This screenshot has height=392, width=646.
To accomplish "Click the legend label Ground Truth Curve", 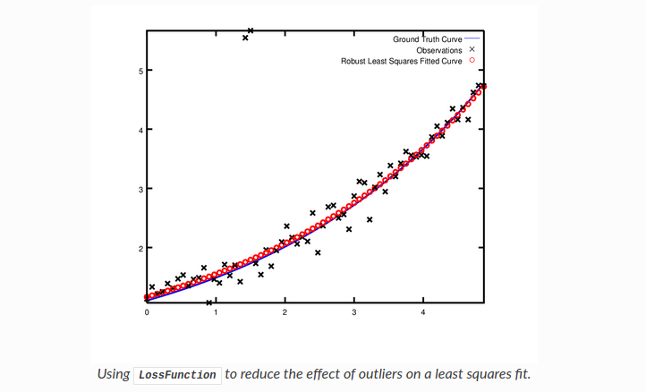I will click(x=428, y=39).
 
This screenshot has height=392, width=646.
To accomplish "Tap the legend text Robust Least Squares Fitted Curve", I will click(x=402, y=62).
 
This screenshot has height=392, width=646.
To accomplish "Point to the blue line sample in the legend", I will click(x=472, y=39).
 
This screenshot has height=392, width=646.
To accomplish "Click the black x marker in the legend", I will click(x=472, y=51).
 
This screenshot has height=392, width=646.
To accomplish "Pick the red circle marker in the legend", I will click(x=472, y=62).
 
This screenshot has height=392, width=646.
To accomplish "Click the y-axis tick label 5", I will click(x=140, y=71).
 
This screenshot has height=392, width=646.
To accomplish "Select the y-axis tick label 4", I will click(x=140, y=130).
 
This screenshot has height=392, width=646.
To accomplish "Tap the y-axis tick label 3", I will click(x=140, y=189).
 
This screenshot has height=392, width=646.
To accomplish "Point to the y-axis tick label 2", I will click(x=140, y=248).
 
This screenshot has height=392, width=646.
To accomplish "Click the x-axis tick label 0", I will click(x=147, y=312).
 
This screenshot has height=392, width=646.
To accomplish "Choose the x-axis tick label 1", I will click(x=216, y=312).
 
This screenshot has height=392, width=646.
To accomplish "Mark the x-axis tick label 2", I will click(x=285, y=312).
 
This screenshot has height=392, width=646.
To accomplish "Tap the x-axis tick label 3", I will click(x=354, y=312).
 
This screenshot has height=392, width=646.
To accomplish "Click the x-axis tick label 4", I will click(x=423, y=312).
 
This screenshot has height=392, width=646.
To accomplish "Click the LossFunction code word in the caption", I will click(x=178, y=374).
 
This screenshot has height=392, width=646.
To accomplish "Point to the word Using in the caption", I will click(x=114, y=374).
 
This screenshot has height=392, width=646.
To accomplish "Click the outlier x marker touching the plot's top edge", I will click(x=251, y=31).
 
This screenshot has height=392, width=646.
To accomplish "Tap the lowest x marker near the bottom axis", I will click(x=209, y=303).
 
